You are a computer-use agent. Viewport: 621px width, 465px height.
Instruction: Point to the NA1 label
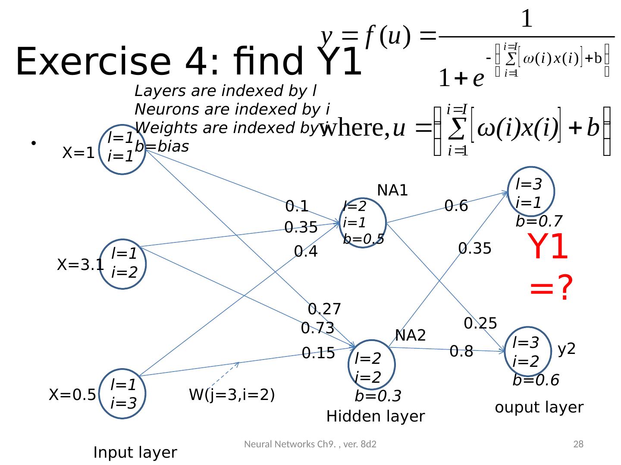tap(392, 190)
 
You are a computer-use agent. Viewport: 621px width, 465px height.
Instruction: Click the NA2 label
tap(411, 335)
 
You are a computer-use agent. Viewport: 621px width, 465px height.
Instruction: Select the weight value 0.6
tap(456, 206)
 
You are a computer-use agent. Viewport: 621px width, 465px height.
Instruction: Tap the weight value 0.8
tap(461, 352)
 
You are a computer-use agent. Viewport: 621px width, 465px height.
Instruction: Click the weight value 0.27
tap(324, 309)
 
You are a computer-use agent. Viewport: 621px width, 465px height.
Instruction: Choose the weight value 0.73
tap(317, 329)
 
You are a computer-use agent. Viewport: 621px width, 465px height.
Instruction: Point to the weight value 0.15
tap(318, 353)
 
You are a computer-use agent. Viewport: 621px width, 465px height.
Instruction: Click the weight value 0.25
tap(480, 323)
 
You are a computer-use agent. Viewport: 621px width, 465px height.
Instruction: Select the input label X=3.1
tap(80, 265)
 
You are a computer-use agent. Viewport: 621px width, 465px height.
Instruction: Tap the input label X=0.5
tap(72, 395)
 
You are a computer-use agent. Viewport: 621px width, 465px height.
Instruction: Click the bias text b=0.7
tap(539, 221)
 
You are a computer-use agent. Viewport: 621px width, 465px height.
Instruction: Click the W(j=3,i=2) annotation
tap(232, 395)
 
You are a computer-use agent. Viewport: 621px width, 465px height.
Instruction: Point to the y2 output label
tap(567, 349)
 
